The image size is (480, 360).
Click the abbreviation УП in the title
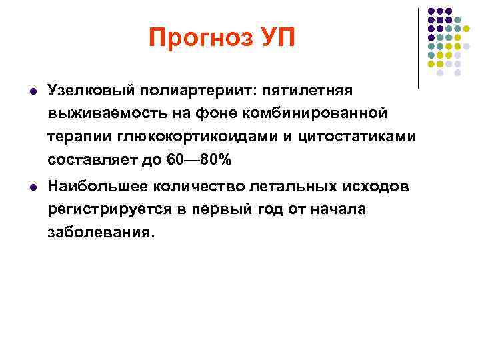tap(271, 37)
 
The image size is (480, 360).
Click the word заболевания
tap(101, 234)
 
